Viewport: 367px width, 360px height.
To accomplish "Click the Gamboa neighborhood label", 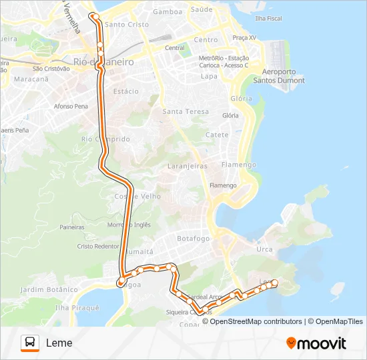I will (167, 12).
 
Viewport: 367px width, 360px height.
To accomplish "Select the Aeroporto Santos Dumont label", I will (279, 76).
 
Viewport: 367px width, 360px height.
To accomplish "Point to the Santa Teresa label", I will (186, 111).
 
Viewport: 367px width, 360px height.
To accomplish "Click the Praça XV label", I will (244, 38).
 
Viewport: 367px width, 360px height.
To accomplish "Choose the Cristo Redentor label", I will (98, 246).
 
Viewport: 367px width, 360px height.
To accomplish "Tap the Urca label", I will (264, 249).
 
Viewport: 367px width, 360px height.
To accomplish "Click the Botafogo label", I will (194, 238).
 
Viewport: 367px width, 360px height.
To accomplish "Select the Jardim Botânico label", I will (49, 289).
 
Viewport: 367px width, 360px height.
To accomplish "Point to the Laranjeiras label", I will (188, 165).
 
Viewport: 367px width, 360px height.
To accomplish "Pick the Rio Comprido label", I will (105, 139).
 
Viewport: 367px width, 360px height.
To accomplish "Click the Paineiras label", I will (71, 227).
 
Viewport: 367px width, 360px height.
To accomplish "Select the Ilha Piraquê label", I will (77, 308).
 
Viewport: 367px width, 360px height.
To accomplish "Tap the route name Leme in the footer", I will (59, 343).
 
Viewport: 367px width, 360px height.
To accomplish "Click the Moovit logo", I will (316, 343).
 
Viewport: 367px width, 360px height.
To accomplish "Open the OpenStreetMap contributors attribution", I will (256, 321).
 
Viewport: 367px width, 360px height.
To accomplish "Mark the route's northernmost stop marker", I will (95, 16).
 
